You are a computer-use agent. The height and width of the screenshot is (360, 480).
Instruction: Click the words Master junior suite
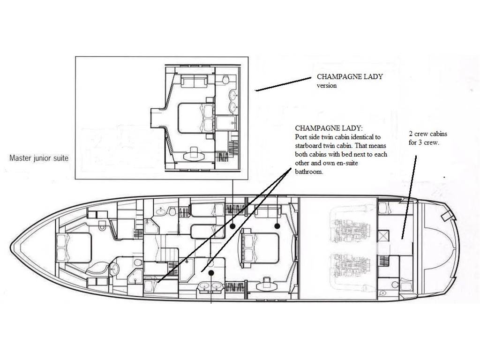(39, 158)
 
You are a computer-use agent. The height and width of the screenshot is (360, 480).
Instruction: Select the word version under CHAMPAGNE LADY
(327, 85)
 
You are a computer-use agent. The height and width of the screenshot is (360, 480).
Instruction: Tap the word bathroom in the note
(309, 172)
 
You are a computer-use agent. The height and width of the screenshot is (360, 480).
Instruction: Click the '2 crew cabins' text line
(428, 134)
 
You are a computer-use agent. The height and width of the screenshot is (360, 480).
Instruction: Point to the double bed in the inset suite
(196, 118)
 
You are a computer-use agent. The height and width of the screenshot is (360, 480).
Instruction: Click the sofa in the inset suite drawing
(194, 82)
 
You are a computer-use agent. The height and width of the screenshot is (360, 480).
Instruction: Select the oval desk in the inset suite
(194, 155)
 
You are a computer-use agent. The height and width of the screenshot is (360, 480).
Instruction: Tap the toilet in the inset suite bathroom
(226, 80)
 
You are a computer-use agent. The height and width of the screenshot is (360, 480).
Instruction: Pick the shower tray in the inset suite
(226, 123)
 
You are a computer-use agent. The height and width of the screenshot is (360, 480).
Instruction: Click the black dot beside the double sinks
(211, 272)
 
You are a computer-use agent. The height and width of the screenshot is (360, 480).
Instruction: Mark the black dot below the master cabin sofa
(277, 226)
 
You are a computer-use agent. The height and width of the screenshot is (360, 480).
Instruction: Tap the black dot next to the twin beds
(232, 226)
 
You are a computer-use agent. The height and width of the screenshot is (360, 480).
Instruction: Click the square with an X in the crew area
(383, 236)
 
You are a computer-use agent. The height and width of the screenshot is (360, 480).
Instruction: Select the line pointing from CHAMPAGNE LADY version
(283, 84)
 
